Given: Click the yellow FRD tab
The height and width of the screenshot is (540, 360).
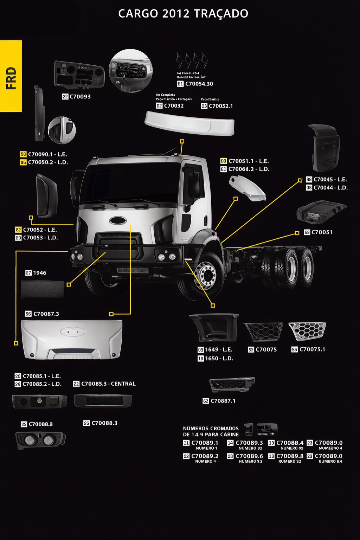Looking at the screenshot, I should (x=11, y=76).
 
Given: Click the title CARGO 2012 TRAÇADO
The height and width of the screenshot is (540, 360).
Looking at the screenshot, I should (x=183, y=14).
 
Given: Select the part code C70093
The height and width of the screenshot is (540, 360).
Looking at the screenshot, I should (x=80, y=97).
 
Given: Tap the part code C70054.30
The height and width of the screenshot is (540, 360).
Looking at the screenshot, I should (x=199, y=84).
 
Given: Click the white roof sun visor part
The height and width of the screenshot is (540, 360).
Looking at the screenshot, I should (x=189, y=123).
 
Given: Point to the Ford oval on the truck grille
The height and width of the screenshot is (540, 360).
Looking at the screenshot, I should (x=118, y=220).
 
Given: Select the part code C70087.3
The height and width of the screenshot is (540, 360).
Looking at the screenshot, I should (x=46, y=314).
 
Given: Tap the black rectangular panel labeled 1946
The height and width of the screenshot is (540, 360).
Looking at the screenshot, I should (x=43, y=289).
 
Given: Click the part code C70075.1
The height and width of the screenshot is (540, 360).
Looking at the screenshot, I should (x=312, y=349).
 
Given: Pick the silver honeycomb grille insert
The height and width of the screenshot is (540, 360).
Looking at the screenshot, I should (x=307, y=331).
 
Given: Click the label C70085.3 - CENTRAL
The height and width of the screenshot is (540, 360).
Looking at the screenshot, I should (x=108, y=384).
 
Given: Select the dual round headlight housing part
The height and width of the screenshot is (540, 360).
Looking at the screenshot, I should (x=40, y=441).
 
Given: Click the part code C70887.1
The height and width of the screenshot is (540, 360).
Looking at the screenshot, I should (x=223, y=401).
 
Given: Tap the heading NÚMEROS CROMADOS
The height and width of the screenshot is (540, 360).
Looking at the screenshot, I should (x=211, y=429).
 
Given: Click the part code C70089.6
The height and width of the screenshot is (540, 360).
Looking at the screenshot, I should (x=249, y=456).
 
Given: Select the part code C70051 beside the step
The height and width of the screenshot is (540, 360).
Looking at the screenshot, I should (x=322, y=232).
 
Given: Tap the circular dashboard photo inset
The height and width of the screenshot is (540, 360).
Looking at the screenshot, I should (x=130, y=71).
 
